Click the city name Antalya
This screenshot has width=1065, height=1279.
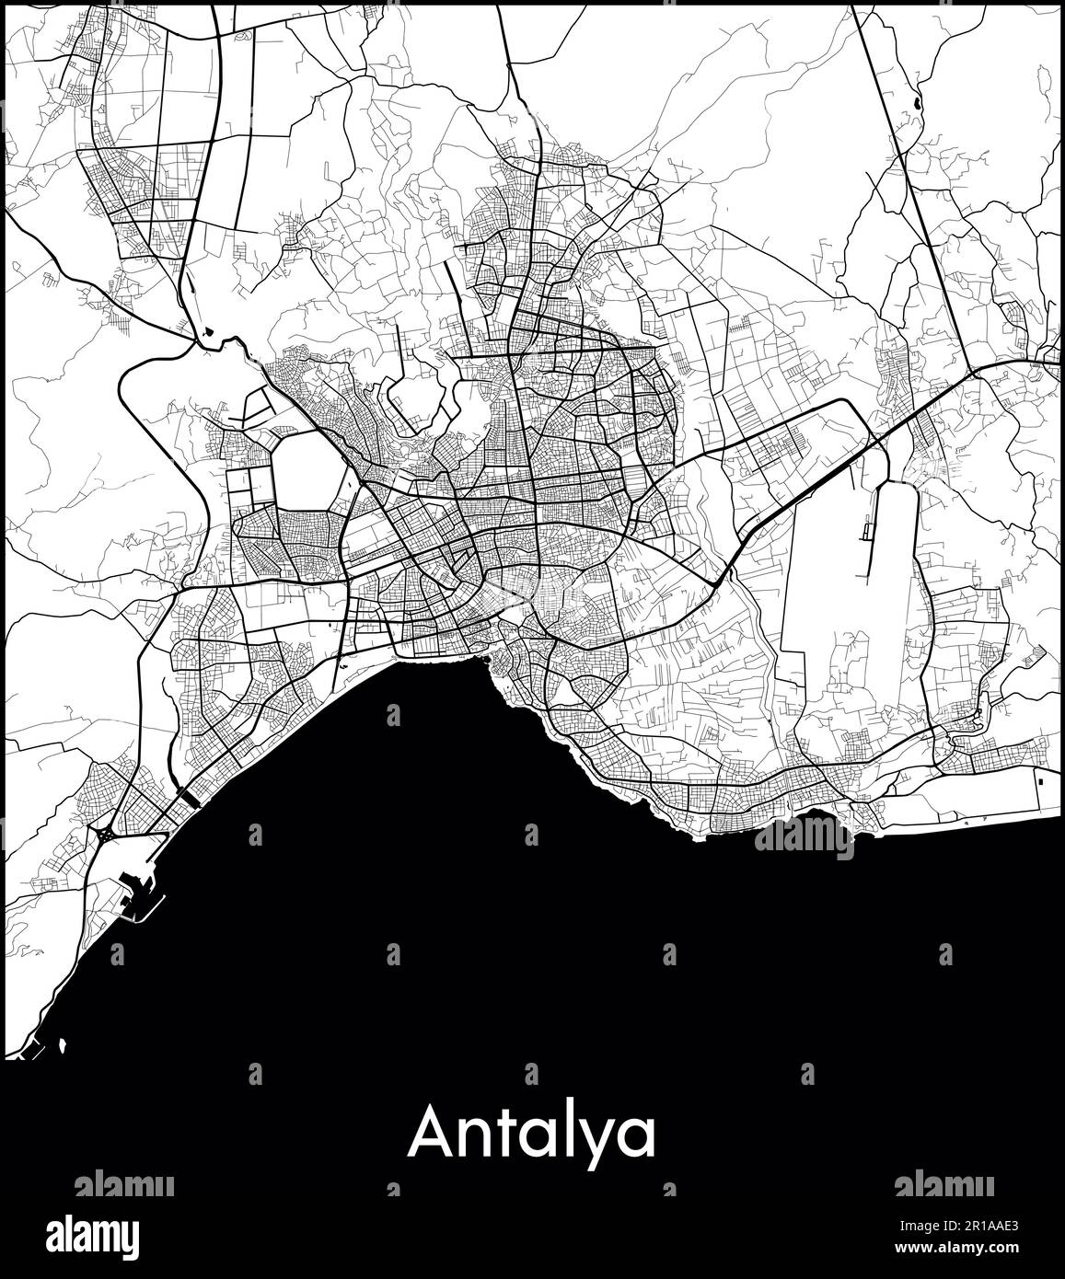(x=532, y=1135)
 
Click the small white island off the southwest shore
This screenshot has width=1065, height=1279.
(x=64, y=1045)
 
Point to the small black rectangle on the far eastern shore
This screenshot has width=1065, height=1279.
(x=1041, y=778)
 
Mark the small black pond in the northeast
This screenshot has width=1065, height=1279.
(x=916, y=104)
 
